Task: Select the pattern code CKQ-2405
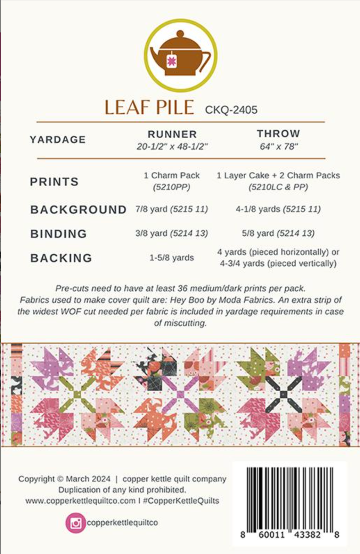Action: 231,110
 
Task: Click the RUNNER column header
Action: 172,134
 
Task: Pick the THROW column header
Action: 278,133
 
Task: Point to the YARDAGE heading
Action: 58,140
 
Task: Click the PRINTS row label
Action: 54,182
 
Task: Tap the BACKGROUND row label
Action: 78,210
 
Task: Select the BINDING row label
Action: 58,234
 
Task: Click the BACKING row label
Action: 61,258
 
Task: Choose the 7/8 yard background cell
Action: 172,209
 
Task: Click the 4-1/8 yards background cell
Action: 278,209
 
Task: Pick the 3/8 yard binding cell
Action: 172,233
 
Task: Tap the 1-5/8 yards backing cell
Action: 172,258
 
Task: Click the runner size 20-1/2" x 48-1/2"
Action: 172,147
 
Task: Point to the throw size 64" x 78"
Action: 279,147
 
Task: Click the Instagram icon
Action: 75,523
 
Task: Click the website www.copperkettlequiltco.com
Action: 80,501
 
